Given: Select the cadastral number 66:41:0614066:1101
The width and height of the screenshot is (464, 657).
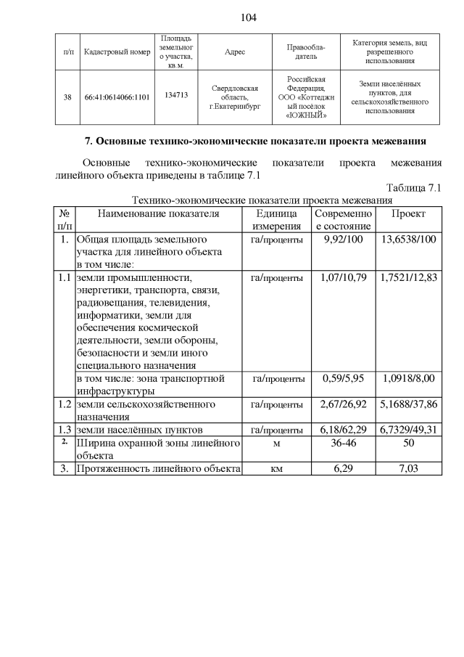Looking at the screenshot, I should (117, 96).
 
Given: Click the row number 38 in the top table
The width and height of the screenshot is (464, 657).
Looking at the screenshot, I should (67, 96).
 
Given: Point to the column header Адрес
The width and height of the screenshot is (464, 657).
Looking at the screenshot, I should (235, 52).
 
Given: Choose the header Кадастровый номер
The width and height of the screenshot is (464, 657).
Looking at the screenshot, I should (117, 52).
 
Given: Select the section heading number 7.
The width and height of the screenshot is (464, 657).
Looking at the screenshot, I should (89, 140).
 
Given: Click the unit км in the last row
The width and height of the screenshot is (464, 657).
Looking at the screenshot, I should (276, 469).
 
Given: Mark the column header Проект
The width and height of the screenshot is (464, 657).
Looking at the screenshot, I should (408, 214).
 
